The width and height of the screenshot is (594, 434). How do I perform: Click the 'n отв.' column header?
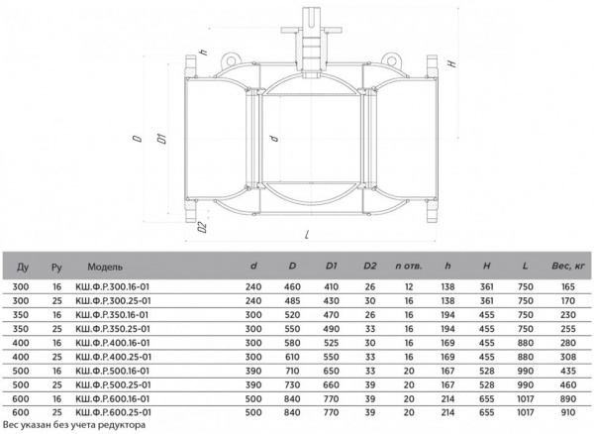click(408, 267)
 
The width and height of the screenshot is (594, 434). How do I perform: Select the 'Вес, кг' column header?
click(568, 267)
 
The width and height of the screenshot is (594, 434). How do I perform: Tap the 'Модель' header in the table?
click(105, 267)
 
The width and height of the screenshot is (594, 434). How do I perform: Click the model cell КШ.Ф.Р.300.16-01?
click(113, 287)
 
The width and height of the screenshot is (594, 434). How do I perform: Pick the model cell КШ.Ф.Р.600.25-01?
click(113, 412)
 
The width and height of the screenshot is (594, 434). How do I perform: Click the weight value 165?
click(568, 287)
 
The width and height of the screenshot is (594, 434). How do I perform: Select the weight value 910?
click(568, 412)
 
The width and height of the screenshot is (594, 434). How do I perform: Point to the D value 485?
click(292, 301)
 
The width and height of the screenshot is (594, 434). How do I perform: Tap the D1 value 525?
click(331, 343)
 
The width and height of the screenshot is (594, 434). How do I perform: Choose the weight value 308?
click(568, 357)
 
